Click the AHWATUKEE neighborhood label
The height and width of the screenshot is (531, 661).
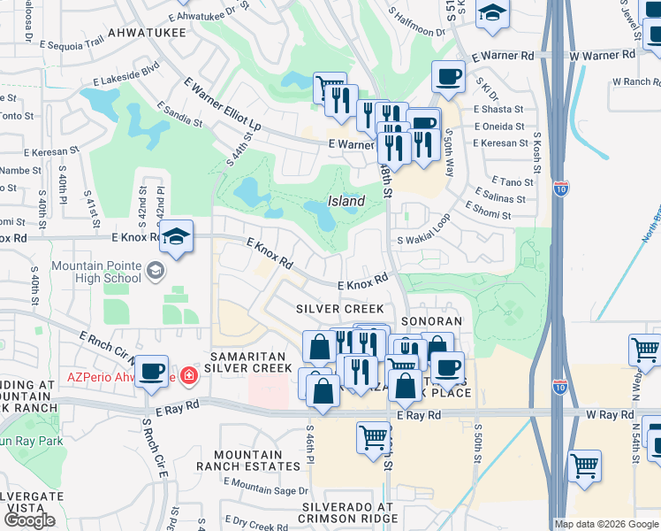pyautogui.click(x=146, y=33)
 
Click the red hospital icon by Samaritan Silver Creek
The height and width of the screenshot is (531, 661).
pyautogui.click(x=187, y=376)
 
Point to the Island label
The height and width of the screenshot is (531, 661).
pyautogui.click(x=346, y=201)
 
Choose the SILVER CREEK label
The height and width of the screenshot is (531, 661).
pyautogui.click(x=340, y=309)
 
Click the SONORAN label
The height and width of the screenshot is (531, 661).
pyautogui.click(x=432, y=321)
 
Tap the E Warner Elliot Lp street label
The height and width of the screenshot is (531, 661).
pyautogui.click(x=222, y=105)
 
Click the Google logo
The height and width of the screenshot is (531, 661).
pyautogui.click(x=29, y=520)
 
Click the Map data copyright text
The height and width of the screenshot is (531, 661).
pyautogui.click(x=606, y=524)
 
